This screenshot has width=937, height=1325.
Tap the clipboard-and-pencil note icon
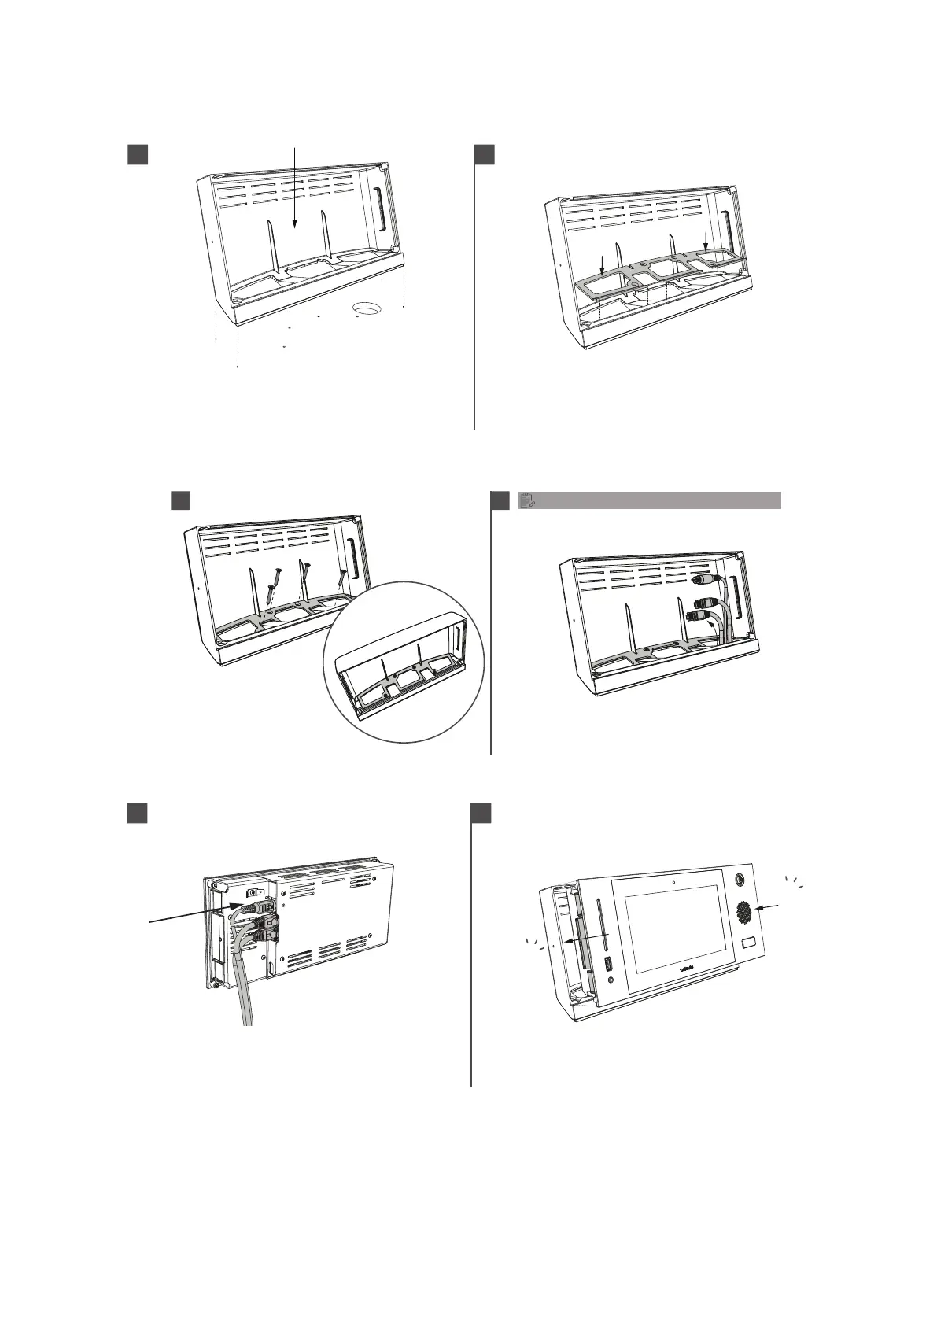528,500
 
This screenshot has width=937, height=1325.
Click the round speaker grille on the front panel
743,913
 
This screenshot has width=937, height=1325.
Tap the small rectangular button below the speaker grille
748,944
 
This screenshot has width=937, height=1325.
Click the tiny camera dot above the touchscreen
674,882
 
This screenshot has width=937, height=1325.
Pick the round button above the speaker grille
739,880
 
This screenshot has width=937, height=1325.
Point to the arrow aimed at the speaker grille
766,909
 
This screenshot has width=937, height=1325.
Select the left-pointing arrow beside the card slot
586,937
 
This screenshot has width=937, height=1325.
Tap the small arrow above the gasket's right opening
706,240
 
